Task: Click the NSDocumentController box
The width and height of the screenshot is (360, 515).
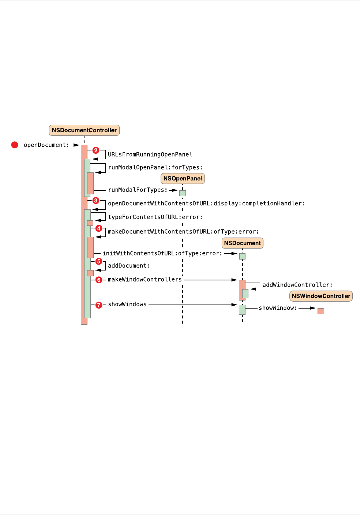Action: [x=84, y=130]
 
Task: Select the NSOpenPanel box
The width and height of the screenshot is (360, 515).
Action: [x=183, y=179]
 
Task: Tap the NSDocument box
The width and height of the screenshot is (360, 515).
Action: [x=242, y=243]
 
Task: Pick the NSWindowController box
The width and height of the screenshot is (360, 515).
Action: [x=321, y=296]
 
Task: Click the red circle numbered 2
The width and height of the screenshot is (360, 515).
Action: [x=96, y=150]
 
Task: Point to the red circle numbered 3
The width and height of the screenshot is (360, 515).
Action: [x=96, y=201]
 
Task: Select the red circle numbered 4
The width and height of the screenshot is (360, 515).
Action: [x=99, y=228]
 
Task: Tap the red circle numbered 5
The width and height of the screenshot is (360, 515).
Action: [x=99, y=261]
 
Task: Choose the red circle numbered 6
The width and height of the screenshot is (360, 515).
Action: [x=99, y=280]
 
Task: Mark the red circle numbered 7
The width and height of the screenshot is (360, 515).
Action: [x=99, y=305]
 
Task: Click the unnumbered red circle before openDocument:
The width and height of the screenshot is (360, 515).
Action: [x=15, y=145]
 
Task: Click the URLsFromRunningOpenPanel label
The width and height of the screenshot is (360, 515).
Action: [x=150, y=154]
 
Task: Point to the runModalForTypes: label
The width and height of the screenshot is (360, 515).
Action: [x=138, y=190]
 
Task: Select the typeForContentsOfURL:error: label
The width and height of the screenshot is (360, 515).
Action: [x=155, y=217]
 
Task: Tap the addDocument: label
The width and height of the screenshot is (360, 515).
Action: [x=129, y=266]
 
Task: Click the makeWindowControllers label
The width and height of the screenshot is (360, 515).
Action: [x=145, y=280]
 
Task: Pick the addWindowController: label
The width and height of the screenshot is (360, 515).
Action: [x=297, y=285]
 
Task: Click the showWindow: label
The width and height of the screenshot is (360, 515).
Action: [x=278, y=308]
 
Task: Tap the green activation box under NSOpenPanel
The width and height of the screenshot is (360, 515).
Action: [x=183, y=193]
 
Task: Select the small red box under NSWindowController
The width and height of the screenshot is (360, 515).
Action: [x=321, y=311]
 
